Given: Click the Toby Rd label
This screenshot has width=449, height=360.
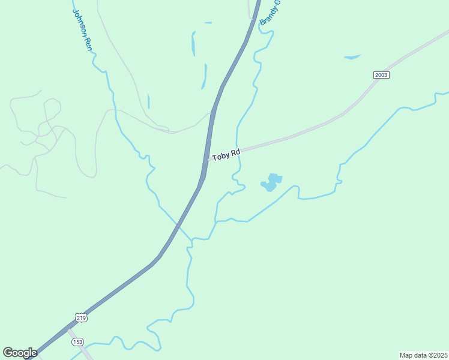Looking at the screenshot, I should (x=226, y=155).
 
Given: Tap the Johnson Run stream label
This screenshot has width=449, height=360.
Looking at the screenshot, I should (x=83, y=29).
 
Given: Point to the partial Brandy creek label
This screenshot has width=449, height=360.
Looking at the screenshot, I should (x=270, y=13).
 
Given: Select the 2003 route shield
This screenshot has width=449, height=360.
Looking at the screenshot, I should (x=381, y=74).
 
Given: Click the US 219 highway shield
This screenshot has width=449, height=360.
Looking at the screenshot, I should (x=82, y=317).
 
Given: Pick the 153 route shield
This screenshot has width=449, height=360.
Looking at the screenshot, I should (x=77, y=341).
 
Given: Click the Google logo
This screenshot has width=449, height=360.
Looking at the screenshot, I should (x=20, y=353).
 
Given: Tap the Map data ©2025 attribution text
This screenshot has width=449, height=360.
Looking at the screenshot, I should (x=423, y=355).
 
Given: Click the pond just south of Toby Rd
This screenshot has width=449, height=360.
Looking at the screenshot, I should (x=271, y=182).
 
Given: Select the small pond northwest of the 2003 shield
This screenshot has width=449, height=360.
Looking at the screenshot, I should (x=352, y=57).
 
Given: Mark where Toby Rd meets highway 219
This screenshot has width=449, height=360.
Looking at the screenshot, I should (x=208, y=160).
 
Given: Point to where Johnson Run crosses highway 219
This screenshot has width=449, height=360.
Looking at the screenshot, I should (x=178, y=224).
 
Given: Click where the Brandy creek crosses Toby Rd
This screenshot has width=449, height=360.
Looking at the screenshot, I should (x=238, y=149).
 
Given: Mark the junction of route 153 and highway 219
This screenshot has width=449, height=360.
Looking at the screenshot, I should (x=67, y=328).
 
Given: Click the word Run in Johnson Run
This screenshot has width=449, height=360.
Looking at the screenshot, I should (x=88, y=43).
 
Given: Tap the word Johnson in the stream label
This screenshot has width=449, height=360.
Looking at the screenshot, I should (x=80, y=22).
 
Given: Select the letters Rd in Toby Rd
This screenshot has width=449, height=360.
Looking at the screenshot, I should (x=235, y=153).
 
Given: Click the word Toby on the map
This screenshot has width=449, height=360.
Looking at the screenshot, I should (x=221, y=156).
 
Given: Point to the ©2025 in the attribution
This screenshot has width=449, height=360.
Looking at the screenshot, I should (x=435, y=355).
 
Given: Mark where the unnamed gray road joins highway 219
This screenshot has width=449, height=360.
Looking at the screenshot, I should (x=212, y=113).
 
